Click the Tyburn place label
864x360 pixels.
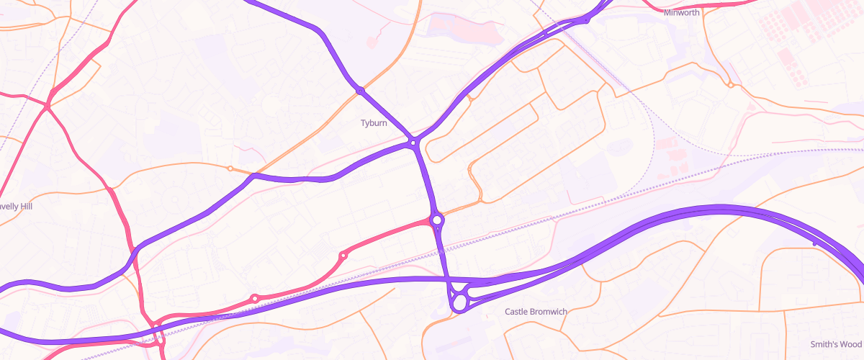374,123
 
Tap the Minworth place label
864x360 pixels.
682,12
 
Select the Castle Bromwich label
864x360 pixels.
536,312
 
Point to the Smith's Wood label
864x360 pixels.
835,344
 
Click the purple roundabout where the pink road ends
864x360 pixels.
437,220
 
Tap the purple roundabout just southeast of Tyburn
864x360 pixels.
414,143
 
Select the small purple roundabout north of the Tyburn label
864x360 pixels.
359,91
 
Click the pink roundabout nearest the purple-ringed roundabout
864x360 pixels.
343,256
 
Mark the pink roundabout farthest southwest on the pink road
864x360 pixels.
254,298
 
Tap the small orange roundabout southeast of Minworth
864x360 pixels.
731,85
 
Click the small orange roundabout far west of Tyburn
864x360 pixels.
230,168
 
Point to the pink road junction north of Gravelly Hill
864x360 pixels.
47,107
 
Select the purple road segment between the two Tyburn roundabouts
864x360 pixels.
387,117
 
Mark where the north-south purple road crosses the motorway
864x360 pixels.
446,279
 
